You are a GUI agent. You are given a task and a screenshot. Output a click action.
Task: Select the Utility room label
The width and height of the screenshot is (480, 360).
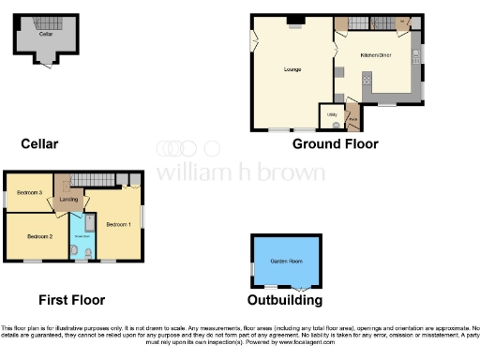point(331,113)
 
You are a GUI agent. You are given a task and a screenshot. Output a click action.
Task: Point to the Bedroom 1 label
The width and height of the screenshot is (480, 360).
point(117,224)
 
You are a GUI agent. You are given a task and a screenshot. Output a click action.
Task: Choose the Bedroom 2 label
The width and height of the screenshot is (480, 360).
point(38,236)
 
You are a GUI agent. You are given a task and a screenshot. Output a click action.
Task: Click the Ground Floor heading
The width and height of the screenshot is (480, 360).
point(335,143)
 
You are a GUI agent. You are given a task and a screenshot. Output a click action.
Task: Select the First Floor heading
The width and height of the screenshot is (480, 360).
point(71,300)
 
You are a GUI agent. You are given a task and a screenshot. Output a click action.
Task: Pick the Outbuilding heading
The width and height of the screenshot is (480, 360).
point(284,300)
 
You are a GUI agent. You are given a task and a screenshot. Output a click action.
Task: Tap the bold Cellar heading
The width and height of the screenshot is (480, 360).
point(39,143)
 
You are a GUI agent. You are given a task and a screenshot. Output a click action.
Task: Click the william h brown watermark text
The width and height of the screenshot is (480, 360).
point(240,172)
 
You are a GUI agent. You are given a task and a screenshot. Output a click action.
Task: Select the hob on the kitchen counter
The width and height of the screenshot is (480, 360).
point(367,79)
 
